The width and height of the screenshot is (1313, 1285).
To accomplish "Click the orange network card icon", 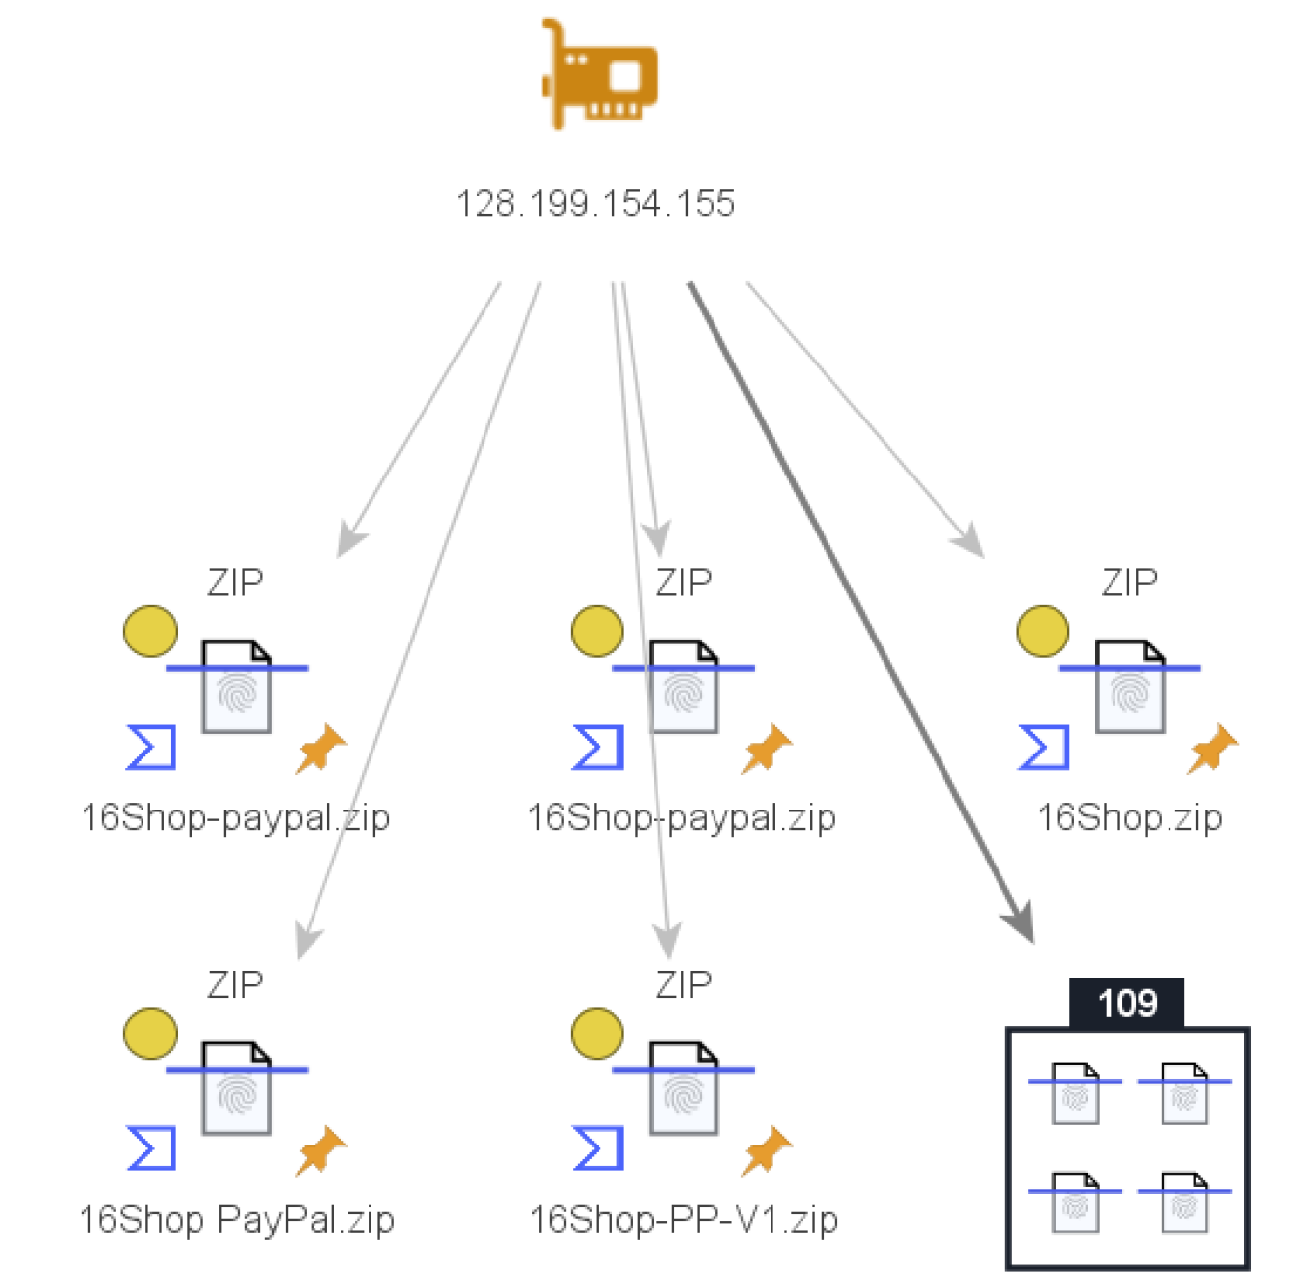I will (599, 75).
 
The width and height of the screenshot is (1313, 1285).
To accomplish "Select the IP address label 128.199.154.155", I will (596, 203).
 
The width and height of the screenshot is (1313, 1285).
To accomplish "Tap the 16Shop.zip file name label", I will (1129, 817).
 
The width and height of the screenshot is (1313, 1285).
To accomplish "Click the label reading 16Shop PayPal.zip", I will (237, 1219).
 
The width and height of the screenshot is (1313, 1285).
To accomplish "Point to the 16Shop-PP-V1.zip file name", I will (683, 1219).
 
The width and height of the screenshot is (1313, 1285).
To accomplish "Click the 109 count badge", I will (1126, 1003).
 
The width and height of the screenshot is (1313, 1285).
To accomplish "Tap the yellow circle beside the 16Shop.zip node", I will (1043, 631).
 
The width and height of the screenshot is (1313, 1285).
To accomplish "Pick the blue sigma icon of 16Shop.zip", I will (1044, 748).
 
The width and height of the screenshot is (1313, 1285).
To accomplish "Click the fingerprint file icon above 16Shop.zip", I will (1129, 687).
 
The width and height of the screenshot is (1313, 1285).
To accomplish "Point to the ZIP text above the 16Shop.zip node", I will (1129, 583).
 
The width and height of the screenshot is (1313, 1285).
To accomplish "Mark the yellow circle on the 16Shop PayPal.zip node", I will (150, 1034).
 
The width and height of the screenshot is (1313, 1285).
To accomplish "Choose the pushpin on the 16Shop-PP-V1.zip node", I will (766, 1151).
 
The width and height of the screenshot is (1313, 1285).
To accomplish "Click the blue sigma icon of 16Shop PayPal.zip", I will (151, 1148).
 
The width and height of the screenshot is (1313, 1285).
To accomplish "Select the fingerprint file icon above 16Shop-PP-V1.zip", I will (683, 1089).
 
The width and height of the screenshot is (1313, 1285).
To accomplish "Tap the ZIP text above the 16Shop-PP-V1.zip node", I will (683, 984).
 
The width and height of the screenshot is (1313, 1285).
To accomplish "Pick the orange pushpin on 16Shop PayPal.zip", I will (319, 1151).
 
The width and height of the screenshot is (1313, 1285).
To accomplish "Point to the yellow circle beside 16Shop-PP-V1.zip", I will (597, 1034).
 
